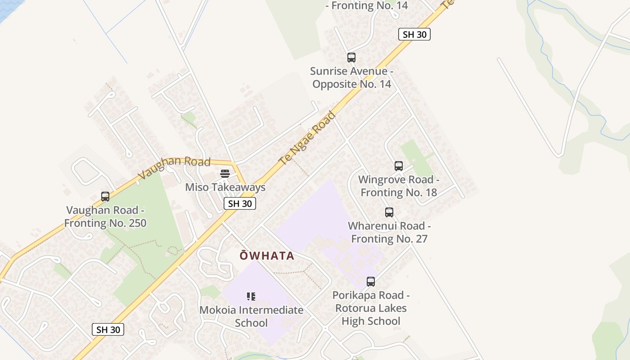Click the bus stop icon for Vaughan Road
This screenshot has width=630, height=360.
pos(105,197)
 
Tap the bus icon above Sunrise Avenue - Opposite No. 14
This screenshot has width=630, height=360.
pos(351,58)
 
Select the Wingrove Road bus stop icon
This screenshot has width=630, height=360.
pos(399,166)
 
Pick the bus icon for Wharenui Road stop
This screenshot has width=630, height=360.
pos(389,212)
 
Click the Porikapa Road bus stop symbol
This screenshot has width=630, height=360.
pos(371,282)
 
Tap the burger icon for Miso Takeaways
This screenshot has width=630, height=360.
pos(225,174)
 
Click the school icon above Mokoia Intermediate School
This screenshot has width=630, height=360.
pos(251,297)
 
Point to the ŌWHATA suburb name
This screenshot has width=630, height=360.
pos(267,256)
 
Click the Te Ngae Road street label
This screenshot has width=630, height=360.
pos(307,138)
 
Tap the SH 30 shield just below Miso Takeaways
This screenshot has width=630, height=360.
pos(240,204)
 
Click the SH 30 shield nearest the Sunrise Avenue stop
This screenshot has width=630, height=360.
pos(414,34)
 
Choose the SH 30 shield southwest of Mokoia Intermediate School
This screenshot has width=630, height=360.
pos(108,329)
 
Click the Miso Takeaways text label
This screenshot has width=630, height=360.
pos(225,187)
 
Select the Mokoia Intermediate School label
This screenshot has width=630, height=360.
pos(251,316)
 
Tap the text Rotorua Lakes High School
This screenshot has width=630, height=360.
pos(371,315)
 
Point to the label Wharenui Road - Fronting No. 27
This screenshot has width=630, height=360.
pos(389,232)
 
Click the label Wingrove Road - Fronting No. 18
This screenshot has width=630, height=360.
pos(399,186)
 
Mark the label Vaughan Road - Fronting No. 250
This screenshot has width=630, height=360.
pos(105,216)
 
